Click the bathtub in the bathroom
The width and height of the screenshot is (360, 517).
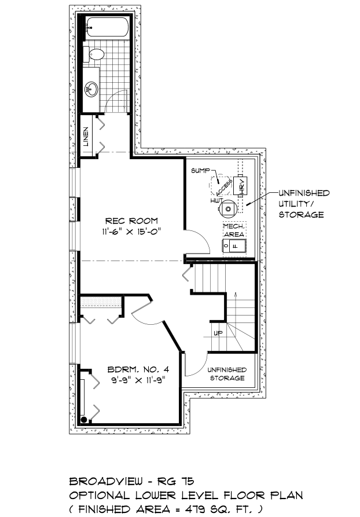pos(108,27)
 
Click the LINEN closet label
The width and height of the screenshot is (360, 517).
pos(86,137)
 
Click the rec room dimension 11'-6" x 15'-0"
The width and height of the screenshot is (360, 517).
pos(131,232)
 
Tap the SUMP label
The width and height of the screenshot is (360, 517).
pos(200,170)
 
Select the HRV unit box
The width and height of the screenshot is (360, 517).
pos(241,186)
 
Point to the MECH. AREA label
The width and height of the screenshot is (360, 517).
pos(234,230)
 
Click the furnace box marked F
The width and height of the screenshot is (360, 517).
pos(234,246)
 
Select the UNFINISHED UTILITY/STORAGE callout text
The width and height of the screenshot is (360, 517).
pos(304,204)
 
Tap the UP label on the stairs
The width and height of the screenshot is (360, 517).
pos(218,333)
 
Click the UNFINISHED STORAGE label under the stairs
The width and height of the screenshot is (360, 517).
pos(227,374)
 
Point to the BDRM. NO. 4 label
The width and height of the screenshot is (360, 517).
pos(138,369)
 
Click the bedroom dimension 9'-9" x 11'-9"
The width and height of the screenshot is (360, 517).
pos(138,380)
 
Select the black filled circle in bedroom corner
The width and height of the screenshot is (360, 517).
pos(84,419)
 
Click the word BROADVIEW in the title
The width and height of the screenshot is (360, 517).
pos(106,481)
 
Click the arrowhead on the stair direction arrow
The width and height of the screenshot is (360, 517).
pos(236,295)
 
